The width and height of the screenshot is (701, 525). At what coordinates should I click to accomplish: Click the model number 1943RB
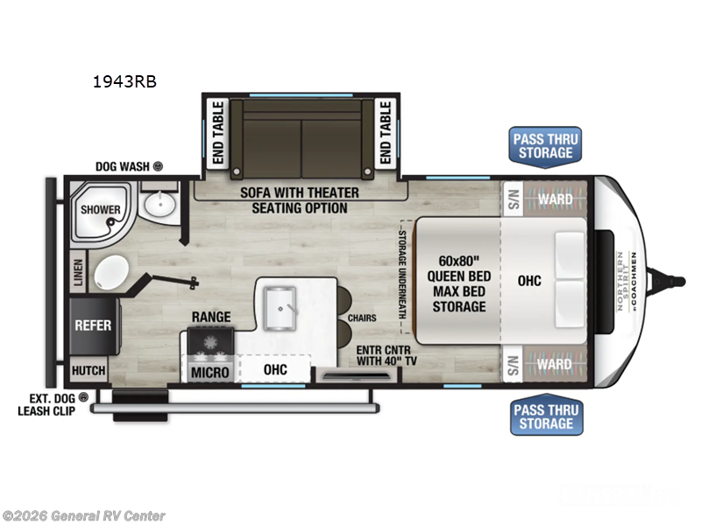[124, 83]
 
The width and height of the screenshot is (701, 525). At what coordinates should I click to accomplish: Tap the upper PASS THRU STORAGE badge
[544, 146]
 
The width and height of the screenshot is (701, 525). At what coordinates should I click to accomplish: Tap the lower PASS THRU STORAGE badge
[544, 416]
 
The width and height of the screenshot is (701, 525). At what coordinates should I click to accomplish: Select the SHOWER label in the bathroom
[101, 210]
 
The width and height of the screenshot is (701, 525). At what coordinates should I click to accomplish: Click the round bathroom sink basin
[160, 206]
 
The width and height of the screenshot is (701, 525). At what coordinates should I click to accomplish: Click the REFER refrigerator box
[93, 325]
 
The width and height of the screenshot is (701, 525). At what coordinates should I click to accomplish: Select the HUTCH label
[89, 370]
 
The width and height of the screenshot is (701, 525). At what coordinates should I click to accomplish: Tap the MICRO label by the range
[210, 373]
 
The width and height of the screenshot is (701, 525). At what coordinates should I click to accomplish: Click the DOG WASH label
[124, 165]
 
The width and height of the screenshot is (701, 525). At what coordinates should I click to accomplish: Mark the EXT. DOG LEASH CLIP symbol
[84, 398]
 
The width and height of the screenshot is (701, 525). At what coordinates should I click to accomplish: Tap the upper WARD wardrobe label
[556, 199]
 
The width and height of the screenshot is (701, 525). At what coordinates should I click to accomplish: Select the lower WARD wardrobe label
[556, 363]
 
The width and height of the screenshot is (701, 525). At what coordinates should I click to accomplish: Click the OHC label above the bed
[529, 281]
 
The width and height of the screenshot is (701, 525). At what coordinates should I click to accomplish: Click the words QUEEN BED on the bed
[458, 276]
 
